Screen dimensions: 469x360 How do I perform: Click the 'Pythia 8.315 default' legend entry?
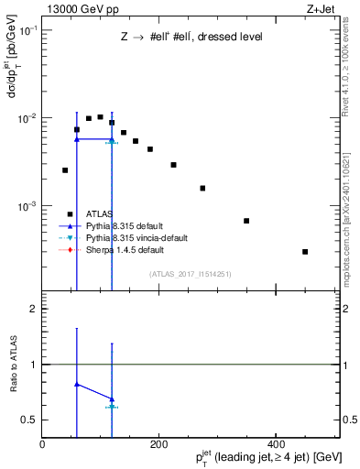[x=116, y=225]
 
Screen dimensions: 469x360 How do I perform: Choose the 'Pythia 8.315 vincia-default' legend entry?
[x=131, y=237]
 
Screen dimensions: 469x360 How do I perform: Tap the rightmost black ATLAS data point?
[x=305, y=251]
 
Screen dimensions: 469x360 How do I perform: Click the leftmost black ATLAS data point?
[x=65, y=170]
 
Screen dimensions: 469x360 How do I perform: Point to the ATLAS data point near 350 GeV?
[x=246, y=221]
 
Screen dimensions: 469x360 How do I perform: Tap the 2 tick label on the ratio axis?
[x=34, y=309]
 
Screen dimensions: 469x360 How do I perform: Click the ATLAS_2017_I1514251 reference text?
[x=190, y=273]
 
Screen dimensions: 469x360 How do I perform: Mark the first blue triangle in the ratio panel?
[x=77, y=385]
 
